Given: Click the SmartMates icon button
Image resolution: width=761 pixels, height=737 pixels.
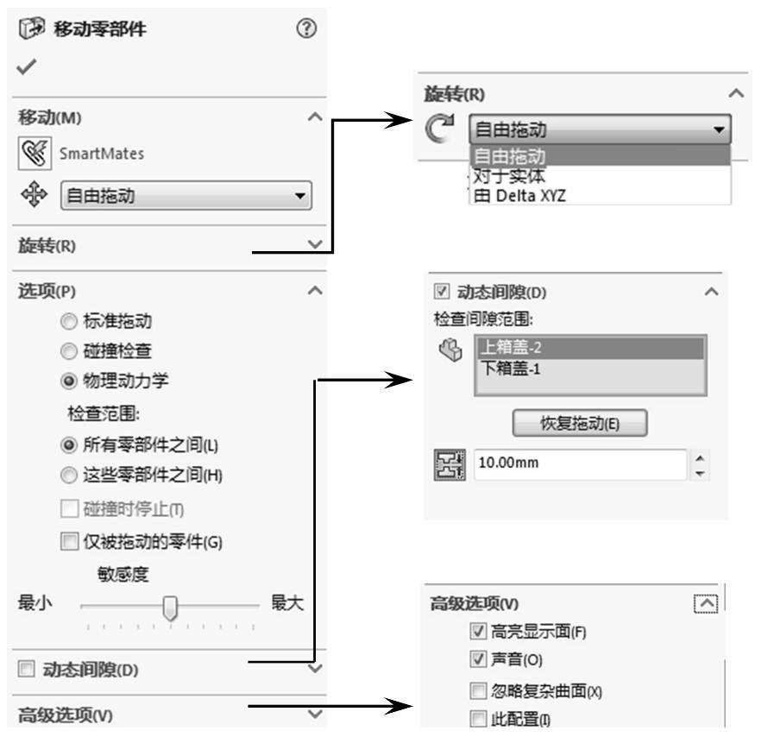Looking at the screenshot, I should (x=32, y=154).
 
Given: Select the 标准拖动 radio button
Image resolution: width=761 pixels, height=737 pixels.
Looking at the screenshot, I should (x=68, y=322).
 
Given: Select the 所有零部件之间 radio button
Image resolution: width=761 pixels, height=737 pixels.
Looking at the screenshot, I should (x=68, y=445).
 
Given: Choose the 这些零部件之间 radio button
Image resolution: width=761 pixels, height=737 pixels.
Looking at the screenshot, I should (x=68, y=474).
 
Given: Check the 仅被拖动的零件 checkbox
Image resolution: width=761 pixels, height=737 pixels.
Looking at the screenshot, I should (x=68, y=541).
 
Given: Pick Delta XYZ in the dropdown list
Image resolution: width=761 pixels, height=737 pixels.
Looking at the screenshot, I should (x=518, y=196).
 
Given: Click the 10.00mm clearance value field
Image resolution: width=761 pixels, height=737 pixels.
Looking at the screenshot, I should (x=578, y=463).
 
